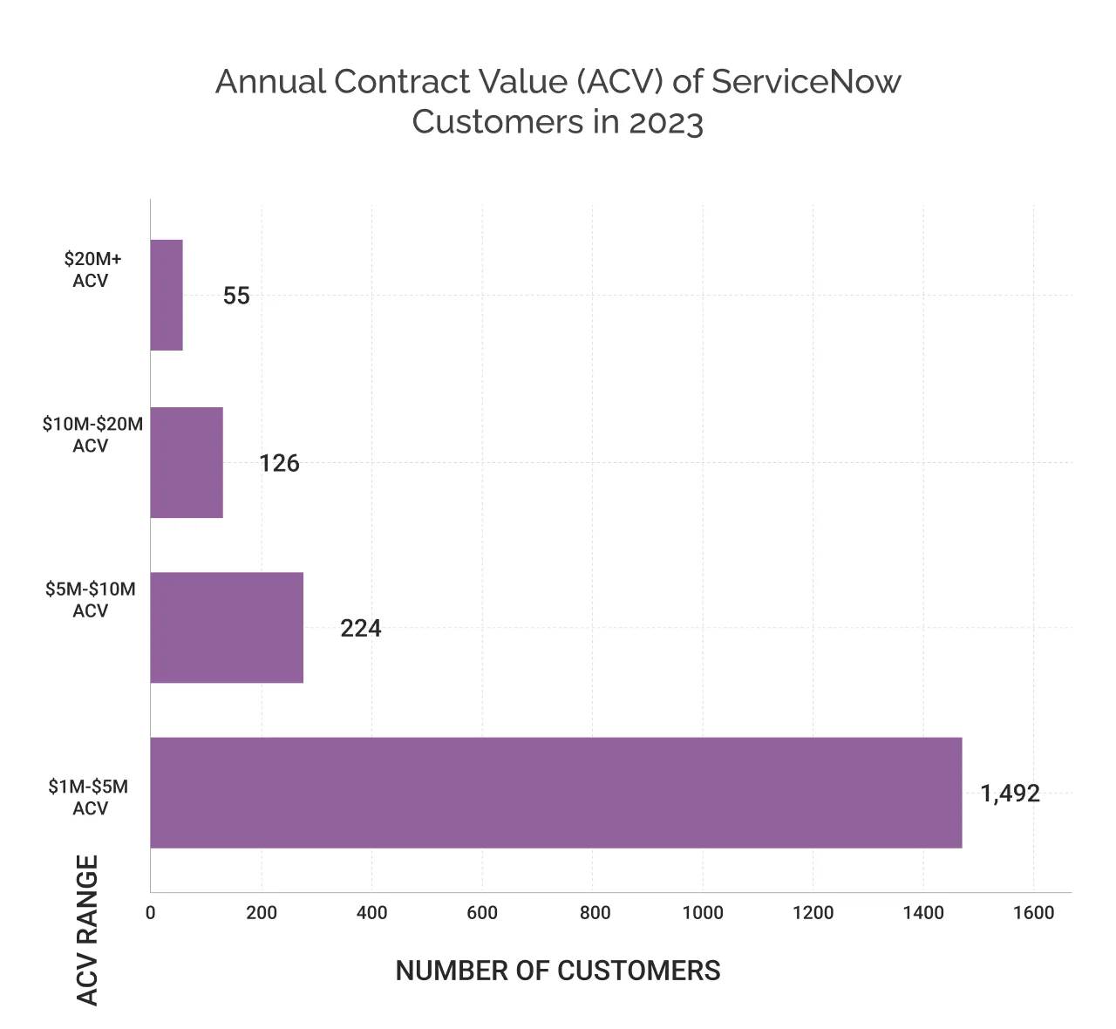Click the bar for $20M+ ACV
point(167,295)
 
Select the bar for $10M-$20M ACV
point(187,462)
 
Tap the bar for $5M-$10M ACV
point(227,627)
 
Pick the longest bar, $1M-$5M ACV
point(555,793)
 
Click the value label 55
point(236,296)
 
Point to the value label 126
point(279,463)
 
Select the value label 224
point(360,628)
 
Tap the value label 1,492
point(1010,794)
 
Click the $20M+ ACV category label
point(92,269)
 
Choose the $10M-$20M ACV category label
point(92,435)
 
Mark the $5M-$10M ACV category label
point(91,600)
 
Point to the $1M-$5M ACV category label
point(89,797)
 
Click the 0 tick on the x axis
point(151,913)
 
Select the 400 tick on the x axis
point(371,913)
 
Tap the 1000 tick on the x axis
point(703,913)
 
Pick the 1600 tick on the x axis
point(1034,913)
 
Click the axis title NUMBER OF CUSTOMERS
point(558,971)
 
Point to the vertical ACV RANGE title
point(87,930)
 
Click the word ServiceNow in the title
point(806,81)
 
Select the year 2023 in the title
point(665,122)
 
